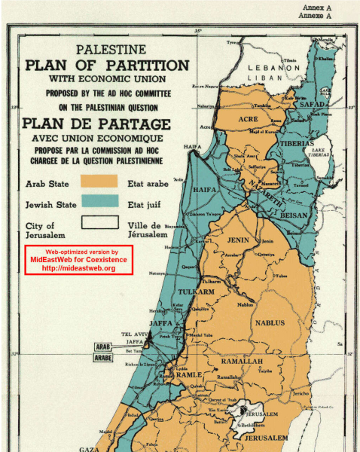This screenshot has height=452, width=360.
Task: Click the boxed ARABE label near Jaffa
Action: pos(102,358)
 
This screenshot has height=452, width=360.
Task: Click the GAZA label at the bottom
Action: pos(90,448)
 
